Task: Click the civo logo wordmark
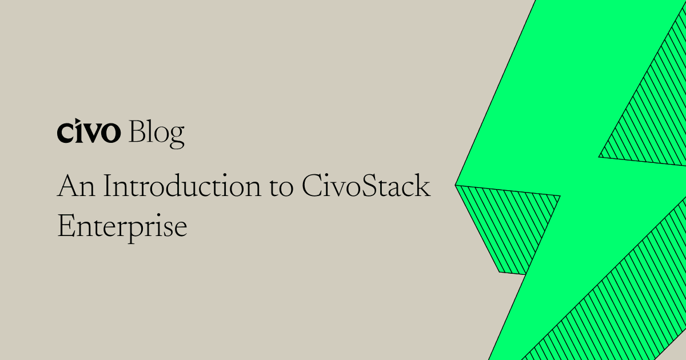coord(89,133)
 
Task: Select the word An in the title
coord(74,187)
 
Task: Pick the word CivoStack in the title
coord(365,187)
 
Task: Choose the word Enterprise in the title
coord(122,227)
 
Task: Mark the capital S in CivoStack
coord(364,187)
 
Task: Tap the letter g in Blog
coord(177,136)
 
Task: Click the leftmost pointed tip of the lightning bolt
coord(457,185)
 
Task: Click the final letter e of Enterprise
coord(182,228)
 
